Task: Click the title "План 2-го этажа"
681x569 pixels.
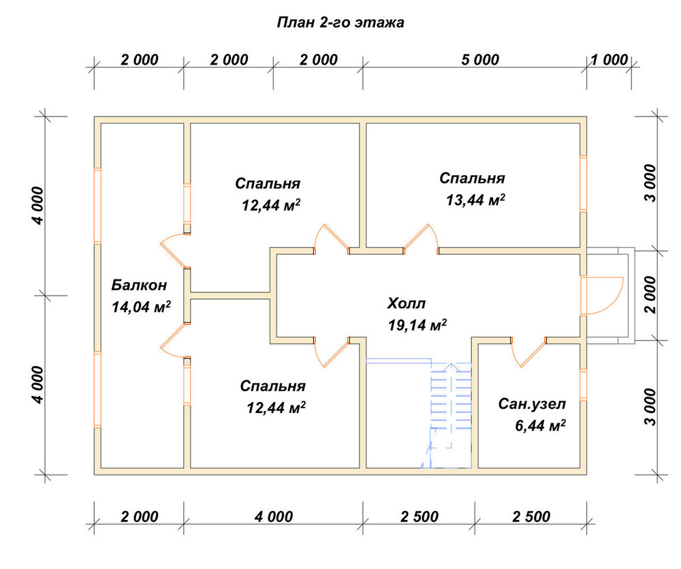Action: [340, 22]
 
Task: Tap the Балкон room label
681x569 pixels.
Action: [139, 285]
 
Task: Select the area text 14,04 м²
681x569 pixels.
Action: [141, 307]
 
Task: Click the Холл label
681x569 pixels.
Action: [407, 303]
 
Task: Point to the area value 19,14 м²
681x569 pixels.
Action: [417, 325]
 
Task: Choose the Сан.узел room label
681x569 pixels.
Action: [532, 404]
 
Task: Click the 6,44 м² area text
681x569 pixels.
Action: [540, 425]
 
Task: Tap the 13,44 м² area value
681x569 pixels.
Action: [475, 200]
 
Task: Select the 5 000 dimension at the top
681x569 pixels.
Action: [480, 59]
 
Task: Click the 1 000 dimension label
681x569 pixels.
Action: [609, 59]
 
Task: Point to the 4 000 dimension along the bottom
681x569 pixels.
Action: [274, 517]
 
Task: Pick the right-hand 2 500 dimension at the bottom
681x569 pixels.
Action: [531, 517]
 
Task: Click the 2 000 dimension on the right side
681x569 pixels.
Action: [650, 294]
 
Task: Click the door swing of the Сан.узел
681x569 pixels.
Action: [528, 353]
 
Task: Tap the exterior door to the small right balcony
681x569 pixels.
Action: [603, 295]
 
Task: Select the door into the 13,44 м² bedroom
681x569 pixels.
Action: [421, 239]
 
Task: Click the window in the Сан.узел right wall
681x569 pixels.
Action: [584, 385]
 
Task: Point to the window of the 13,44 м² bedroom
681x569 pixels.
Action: [584, 183]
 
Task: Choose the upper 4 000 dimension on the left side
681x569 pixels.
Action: [39, 206]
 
